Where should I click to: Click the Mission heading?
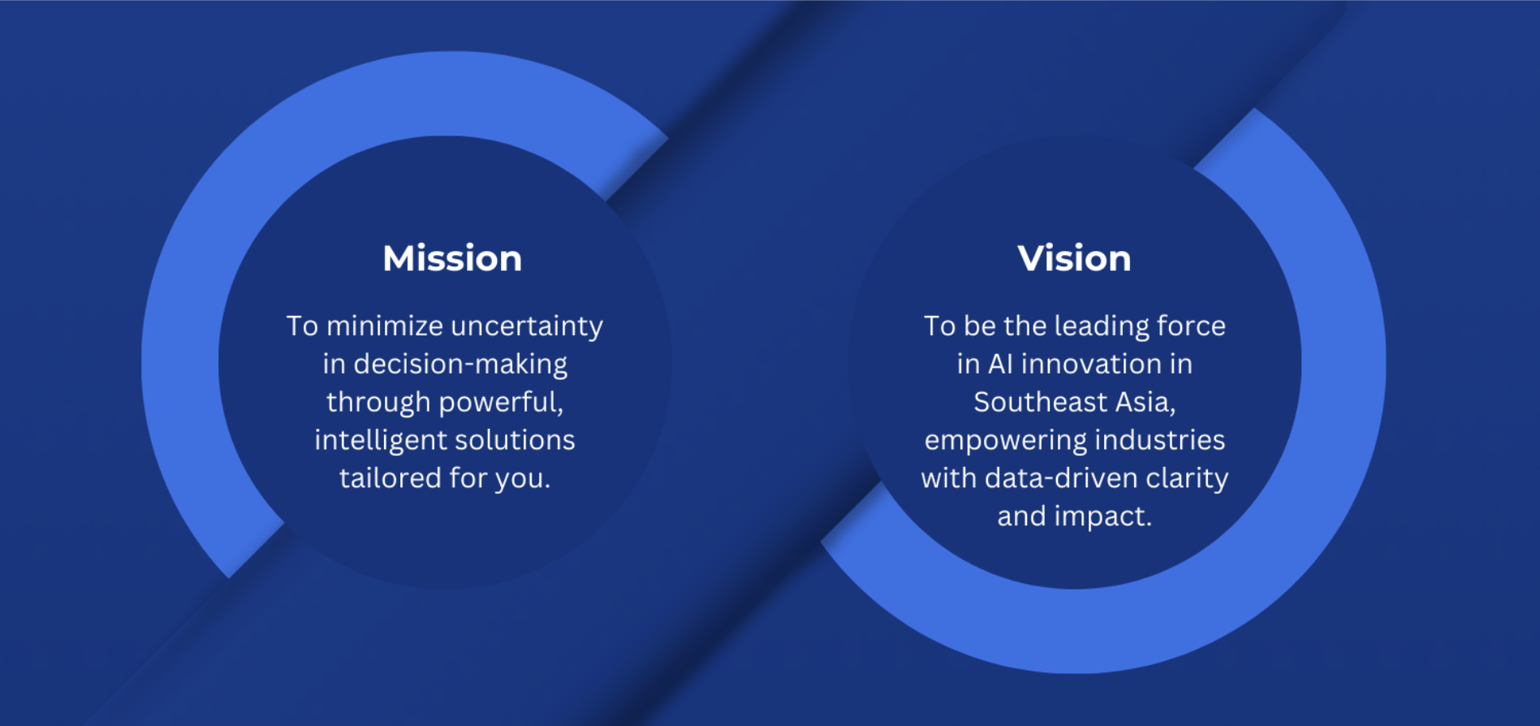click(452, 258)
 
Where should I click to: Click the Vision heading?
click(1074, 258)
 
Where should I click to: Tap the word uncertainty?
click(527, 326)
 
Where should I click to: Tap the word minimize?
click(385, 326)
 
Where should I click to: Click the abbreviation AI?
click(1000, 364)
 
